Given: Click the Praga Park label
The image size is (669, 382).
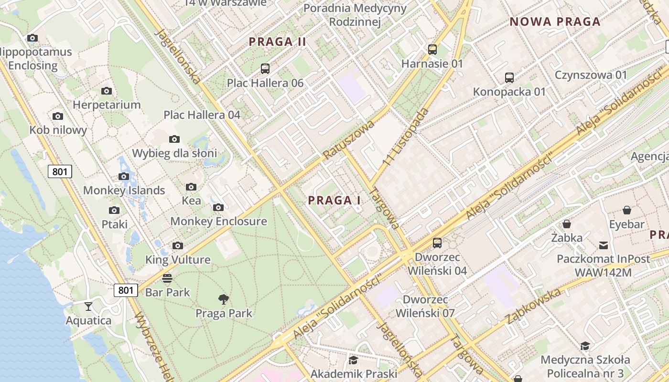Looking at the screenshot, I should (x=224, y=313).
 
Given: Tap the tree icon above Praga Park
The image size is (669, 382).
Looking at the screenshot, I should (x=223, y=299).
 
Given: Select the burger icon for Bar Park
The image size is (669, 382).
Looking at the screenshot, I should (x=167, y=278).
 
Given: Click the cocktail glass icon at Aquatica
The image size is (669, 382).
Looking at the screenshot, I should (x=88, y=306).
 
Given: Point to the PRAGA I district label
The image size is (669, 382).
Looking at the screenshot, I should (x=334, y=201).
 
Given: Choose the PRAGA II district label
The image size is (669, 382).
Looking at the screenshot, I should (x=278, y=42).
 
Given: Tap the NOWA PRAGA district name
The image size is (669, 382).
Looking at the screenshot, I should (x=555, y=21).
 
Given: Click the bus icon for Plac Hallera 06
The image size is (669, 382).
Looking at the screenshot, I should (x=265, y=69).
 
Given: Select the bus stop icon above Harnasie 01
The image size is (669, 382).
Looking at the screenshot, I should (x=432, y=49).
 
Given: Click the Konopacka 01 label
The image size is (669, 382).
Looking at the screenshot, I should (x=509, y=92).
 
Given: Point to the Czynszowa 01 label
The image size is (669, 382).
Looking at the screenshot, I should (x=591, y=75).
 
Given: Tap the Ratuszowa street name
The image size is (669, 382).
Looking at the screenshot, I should (x=348, y=139).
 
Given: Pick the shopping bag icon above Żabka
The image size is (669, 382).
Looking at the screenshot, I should (x=567, y=224).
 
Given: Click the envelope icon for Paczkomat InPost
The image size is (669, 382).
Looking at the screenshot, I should (x=604, y=245).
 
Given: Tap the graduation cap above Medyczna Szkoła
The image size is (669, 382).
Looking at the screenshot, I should (x=585, y=346).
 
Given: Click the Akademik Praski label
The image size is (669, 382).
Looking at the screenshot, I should (x=354, y=373).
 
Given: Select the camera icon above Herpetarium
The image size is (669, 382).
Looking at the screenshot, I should (x=107, y=91).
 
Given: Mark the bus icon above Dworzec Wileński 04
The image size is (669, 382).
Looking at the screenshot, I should (x=437, y=243).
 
